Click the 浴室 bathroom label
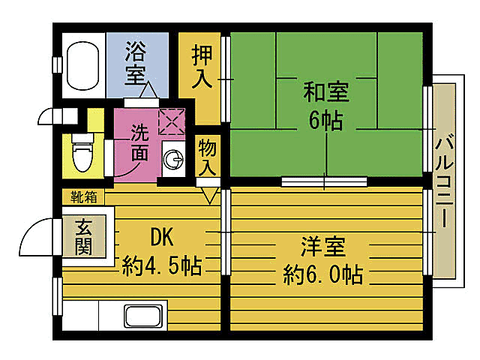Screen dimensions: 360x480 click(136, 63)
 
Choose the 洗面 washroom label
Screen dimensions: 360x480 click(139, 141)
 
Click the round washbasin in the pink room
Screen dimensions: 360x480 click(174, 160)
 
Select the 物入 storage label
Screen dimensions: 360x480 click(208, 157)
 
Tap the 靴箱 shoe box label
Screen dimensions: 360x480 click(83, 197)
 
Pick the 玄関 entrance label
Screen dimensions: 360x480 click(84, 236)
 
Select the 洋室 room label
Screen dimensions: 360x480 click(323, 247)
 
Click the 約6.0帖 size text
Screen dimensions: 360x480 click(323, 274)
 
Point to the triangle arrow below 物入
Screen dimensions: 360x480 click(208, 196)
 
